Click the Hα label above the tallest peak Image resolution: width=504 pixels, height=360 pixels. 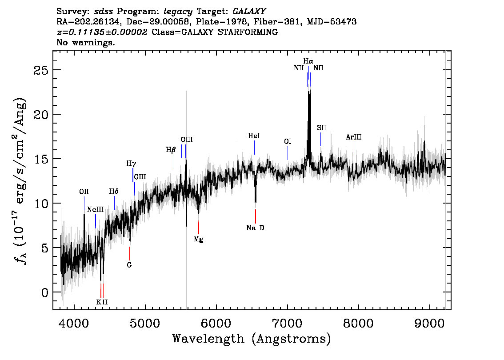point(308,61)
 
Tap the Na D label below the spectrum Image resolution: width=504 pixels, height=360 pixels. point(255,228)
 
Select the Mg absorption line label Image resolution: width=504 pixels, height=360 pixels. point(198,239)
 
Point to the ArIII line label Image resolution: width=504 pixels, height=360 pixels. point(354,137)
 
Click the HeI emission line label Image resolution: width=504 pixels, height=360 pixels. point(254,136)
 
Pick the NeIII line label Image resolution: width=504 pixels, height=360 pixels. point(96,210)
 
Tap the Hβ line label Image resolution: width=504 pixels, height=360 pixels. point(171,150)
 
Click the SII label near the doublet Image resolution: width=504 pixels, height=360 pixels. point(321,128)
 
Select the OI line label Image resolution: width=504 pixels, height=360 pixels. point(288,142)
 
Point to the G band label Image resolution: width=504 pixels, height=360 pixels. point(129,265)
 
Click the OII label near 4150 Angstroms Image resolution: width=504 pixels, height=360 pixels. point(84,192)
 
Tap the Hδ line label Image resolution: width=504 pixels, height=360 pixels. point(114,192)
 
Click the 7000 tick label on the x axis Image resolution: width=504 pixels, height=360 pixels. point(287,323)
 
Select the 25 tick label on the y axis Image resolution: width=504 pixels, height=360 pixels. point(41,70)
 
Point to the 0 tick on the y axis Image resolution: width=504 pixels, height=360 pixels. point(45,292)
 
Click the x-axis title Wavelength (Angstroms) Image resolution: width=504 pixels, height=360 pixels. point(252,339)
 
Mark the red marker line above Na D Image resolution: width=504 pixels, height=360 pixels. point(256,216)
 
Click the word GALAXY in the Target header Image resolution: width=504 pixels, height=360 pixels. point(249,12)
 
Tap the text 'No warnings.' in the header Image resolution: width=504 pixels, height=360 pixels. point(85,42)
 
